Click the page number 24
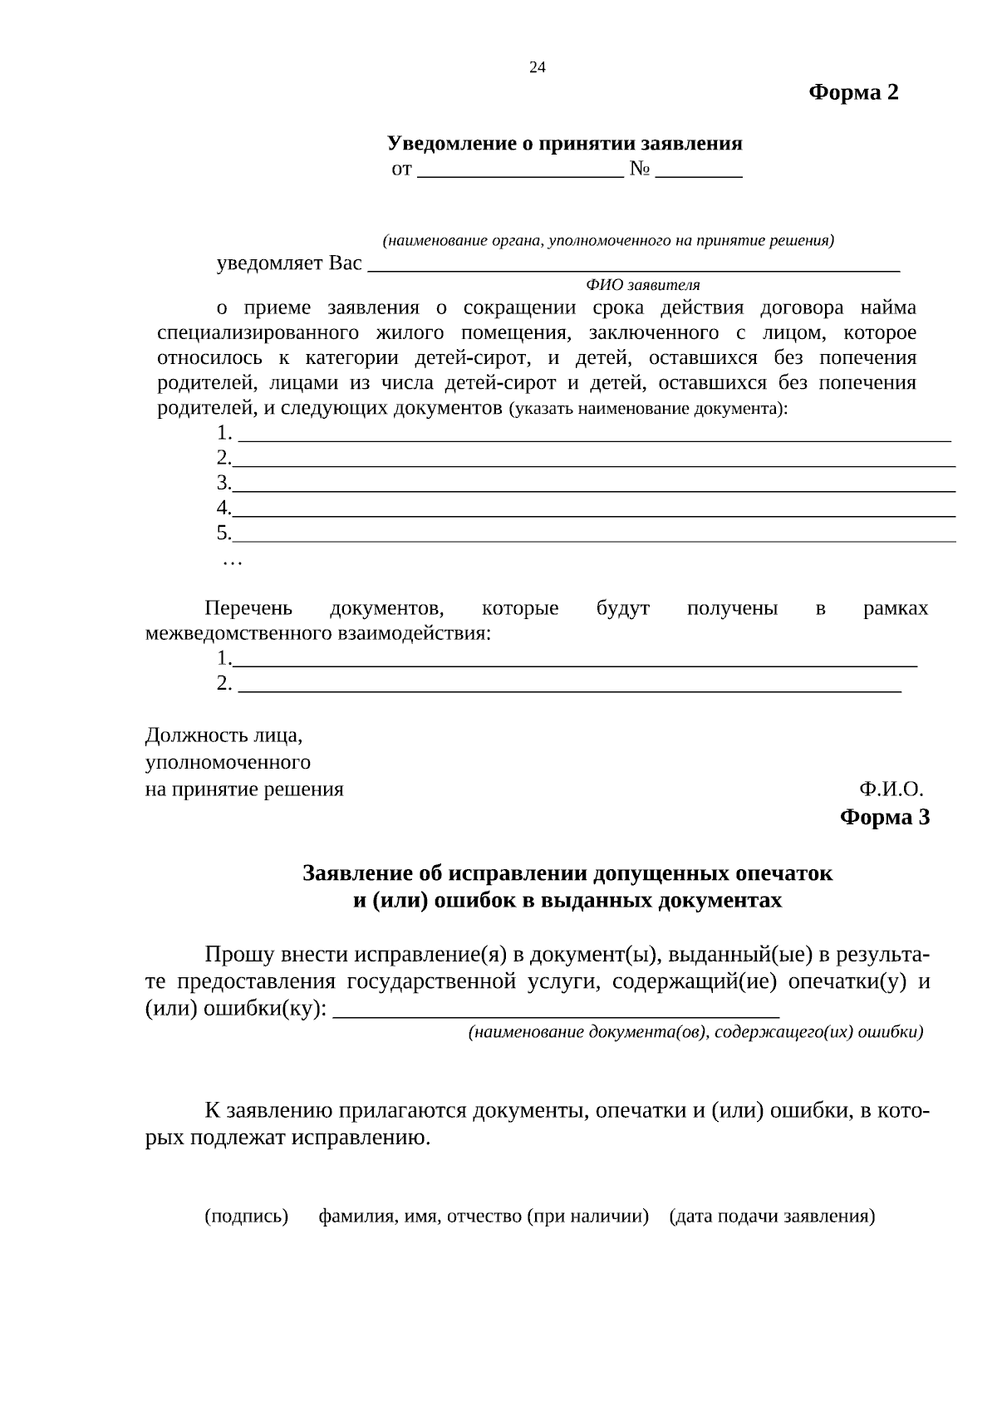pyautogui.click(x=538, y=67)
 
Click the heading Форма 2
pyautogui.click(x=853, y=92)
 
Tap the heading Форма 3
pyautogui.click(x=885, y=818)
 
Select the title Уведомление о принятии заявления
pyautogui.click(x=564, y=144)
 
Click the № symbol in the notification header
pyautogui.click(x=639, y=169)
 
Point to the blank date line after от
pyautogui.click(x=520, y=175)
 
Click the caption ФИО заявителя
pyautogui.click(x=643, y=285)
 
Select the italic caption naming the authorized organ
pyautogui.click(x=608, y=241)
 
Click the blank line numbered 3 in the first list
pyautogui.click(x=593, y=490)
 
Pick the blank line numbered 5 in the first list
pyautogui.click(x=593, y=540)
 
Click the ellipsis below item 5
pyautogui.click(x=232, y=563)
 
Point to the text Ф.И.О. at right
pyautogui.click(x=891, y=789)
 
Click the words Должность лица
pyautogui.click(x=223, y=735)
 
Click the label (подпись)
pyautogui.click(x=246, y=1217)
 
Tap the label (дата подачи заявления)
pyautogui.click(x=772, y=1217)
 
